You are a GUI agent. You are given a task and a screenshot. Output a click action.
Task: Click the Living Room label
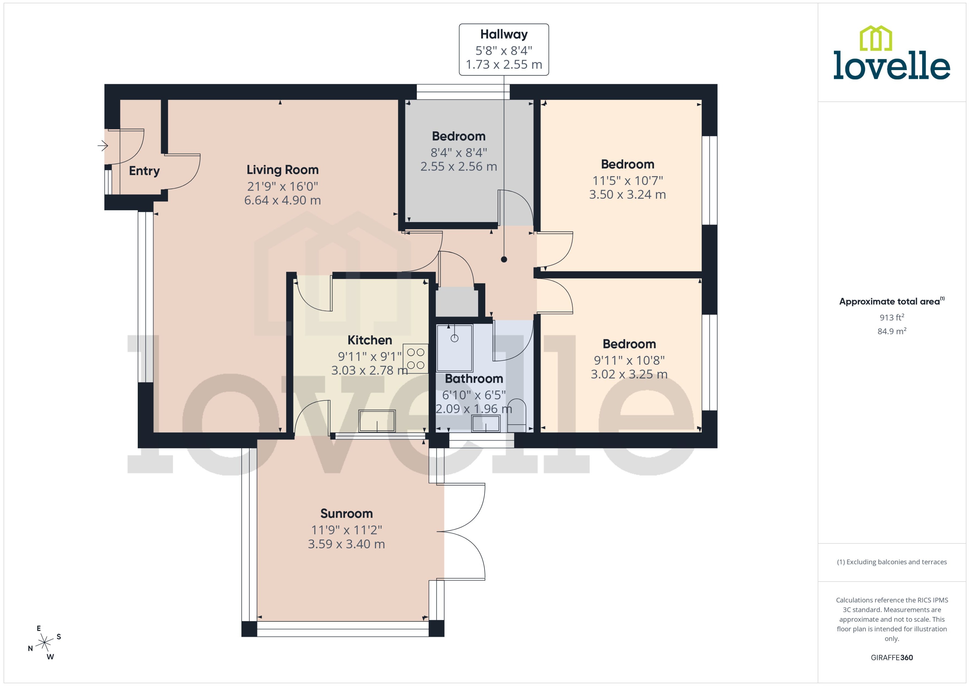282,170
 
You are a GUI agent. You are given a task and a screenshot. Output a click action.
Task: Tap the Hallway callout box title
504,34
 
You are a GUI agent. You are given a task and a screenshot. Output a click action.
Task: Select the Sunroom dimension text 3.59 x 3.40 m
346,544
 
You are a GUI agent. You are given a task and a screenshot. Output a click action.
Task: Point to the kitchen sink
377,421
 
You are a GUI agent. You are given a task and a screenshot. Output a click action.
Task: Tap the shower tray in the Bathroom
454,348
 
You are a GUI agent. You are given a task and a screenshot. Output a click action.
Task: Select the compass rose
44,643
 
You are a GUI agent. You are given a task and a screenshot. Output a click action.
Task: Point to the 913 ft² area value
892,317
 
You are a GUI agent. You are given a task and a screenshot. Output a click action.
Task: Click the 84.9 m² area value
892,331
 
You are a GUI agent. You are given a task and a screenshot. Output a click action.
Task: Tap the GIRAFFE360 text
892,658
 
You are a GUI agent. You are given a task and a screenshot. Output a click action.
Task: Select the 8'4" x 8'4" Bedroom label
459,137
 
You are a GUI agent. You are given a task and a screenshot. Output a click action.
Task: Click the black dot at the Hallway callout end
504,260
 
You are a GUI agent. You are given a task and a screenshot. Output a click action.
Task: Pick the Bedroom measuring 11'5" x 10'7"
628,164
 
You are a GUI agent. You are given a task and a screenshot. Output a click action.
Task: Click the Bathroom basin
486,423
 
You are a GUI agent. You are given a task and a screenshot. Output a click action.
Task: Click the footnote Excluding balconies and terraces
892,562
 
